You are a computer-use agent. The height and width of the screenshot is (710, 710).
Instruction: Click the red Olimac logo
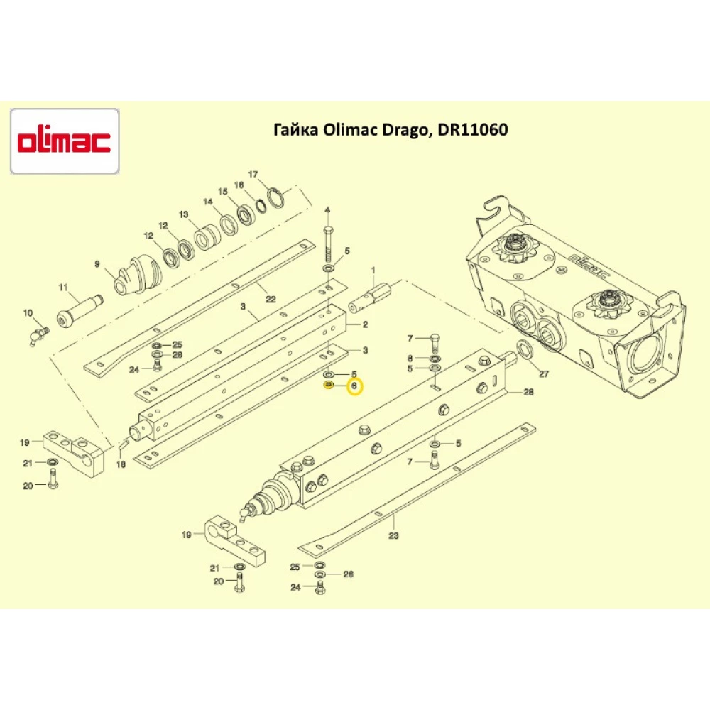(64, 141)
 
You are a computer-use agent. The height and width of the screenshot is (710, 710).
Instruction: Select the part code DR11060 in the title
(470, 130)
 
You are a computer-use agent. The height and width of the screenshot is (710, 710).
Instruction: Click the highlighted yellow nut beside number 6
(329, 386)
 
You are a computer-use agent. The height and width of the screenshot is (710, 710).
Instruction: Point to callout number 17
(252, 175)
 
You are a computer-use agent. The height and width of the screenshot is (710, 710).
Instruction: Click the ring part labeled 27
(525, 349)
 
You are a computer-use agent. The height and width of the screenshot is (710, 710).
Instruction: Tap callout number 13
(183, 214)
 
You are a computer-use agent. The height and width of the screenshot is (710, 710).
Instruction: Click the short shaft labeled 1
(377, 292)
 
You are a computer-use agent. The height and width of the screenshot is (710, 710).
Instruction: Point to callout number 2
(365, 324)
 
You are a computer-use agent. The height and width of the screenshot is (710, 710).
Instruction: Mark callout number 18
(121, 464)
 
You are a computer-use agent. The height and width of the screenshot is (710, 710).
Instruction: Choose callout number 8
(410, 358)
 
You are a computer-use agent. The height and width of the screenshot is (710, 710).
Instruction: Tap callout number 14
(208, 202)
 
